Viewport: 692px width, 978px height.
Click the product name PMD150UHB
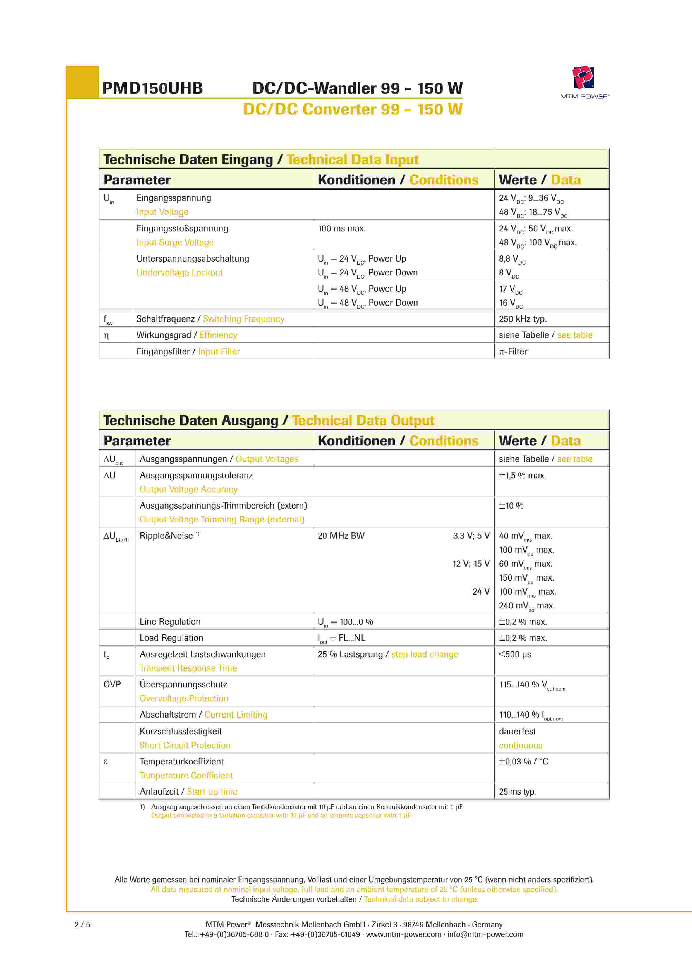(x=152, y=88)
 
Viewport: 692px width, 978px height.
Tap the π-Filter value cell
(x=513, y=351)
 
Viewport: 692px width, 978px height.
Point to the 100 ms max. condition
(x=341, y=229)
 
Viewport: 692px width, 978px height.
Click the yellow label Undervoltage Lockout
(x=179, y=273)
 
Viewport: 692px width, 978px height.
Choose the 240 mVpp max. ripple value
(x=527, y=606)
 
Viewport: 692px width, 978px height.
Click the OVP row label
(x=112, y=684)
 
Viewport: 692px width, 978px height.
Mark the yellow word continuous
(x=520, y=746)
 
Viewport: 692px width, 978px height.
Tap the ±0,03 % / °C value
(x=523, y=762)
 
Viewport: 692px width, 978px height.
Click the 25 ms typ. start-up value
(x=517, y=792)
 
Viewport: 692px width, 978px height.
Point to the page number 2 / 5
(x=82, y=925)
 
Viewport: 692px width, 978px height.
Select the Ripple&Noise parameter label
(x=166, y=536)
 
